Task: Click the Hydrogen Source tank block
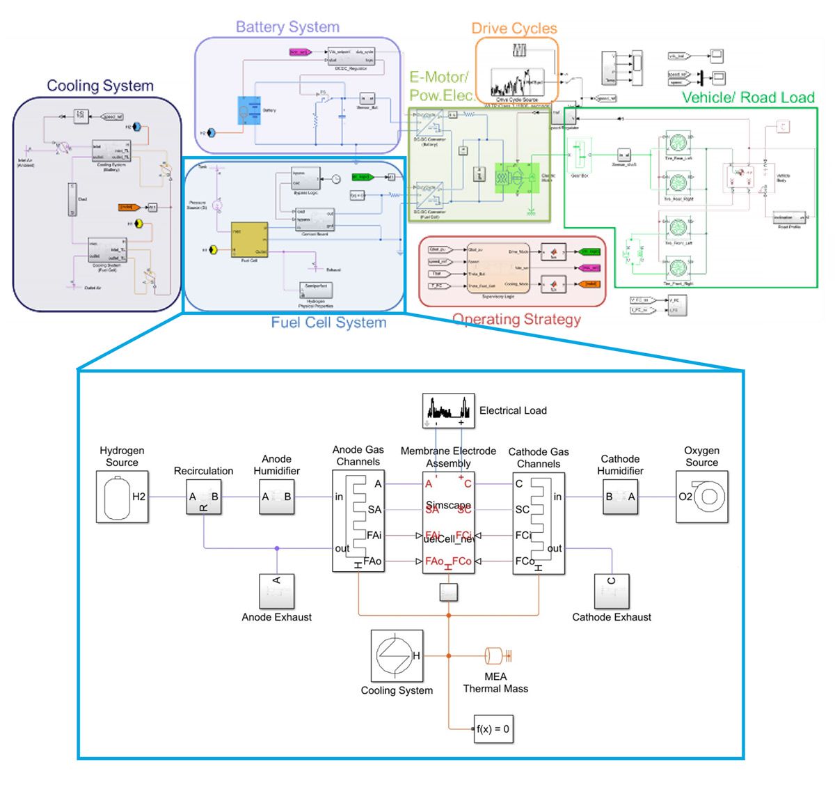click(x=122, y=497)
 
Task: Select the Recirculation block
click(x=204, y=497)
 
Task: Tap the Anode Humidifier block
click(x=276, y=497)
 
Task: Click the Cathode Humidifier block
click(x=620, y=497)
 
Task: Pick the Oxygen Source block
click(x=702, y=497)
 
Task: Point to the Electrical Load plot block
click(x=449, y=411)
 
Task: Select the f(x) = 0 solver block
click(x=493, y=729)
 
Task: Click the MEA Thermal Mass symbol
click(x=495, y=655)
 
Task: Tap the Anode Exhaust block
click(x=277, y=591)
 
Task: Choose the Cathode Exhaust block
click(x=612, y=591)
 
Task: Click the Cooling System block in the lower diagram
click(x=397, y=655)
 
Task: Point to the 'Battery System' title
click(x=287, y=27)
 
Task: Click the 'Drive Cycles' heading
click(x=514, y=29)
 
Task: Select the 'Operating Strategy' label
click(x=516, y=319)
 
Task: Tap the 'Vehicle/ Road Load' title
click(x=748, y=98)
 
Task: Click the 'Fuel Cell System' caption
click(x=328, y=322)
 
